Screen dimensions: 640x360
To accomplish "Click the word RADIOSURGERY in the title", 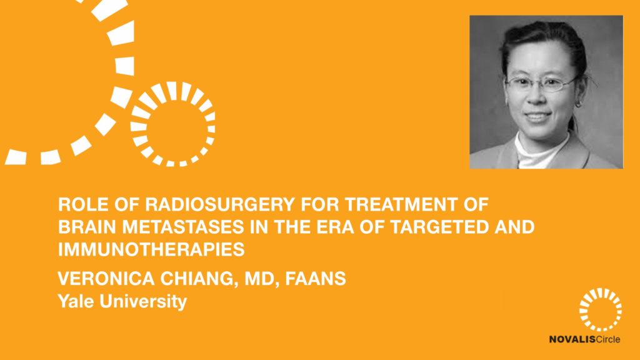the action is [219, 204].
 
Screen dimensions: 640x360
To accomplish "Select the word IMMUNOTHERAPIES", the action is [151, 249].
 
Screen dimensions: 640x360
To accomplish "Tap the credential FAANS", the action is [316, 279].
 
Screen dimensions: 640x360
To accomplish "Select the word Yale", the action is [76, 301].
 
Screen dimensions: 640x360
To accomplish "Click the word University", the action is [143, 302].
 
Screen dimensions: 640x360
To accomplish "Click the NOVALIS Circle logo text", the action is [584, 339].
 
